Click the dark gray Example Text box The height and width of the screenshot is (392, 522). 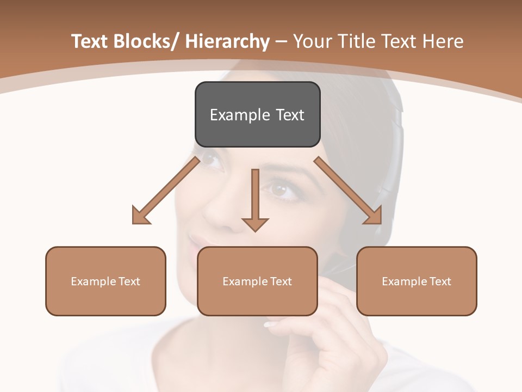257,114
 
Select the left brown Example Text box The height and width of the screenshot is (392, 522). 105,281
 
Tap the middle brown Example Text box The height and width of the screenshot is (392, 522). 257,281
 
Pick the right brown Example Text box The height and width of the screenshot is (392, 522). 417,281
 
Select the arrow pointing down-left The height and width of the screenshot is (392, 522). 166,191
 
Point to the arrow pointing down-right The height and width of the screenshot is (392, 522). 349,191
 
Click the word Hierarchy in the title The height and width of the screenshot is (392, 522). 227,41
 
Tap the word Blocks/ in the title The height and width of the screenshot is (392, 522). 144,41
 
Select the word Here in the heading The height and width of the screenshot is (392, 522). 443,41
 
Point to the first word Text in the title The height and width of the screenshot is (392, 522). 90,41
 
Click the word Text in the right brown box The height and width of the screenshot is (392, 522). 439,281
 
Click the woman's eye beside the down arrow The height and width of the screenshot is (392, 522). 280,190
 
